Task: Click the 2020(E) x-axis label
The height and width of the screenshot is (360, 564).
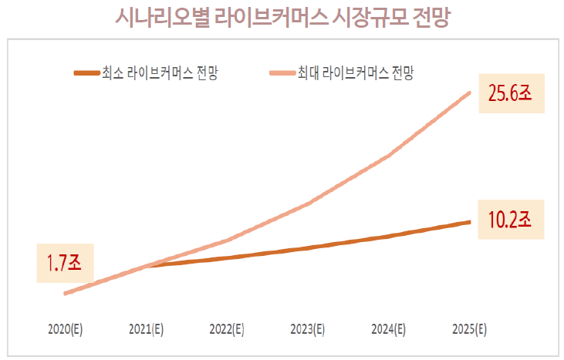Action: point(65,329)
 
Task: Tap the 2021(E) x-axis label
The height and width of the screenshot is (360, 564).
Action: point(146,329)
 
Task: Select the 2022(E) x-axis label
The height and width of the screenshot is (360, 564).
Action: point(227,329)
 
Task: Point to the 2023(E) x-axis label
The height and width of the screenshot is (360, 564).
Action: point(308,329)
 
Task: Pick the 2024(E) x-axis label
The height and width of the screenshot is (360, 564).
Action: point(389,329)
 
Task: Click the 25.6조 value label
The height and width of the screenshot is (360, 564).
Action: point(511,94)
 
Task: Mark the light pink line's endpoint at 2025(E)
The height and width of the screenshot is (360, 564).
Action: point(470,93)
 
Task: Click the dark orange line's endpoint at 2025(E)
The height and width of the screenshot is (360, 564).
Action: point(470,222)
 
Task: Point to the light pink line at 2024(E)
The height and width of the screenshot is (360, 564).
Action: point(389,155)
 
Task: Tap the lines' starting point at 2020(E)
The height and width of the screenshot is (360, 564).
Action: point(66,294)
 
